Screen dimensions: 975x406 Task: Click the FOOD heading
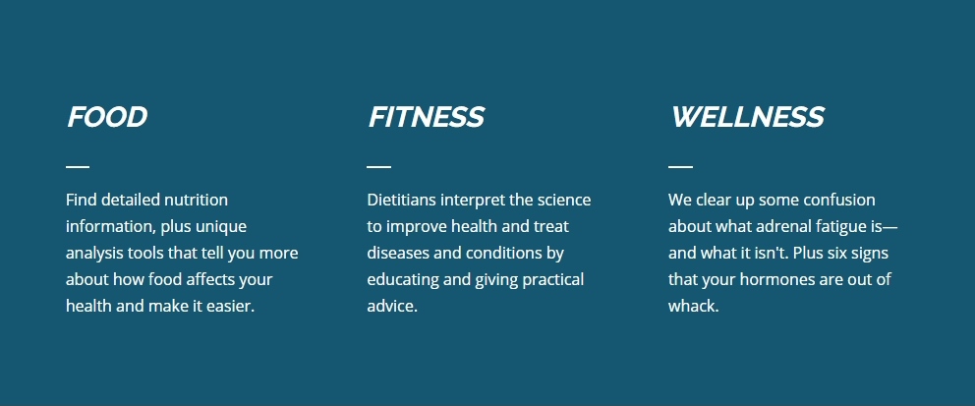click(107, 117)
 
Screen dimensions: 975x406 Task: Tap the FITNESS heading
click(426, 117)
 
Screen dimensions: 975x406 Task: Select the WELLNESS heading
click(747, 117)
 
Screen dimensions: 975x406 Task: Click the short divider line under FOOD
click(78, 167)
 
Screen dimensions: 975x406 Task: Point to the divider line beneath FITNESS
click(378, 167)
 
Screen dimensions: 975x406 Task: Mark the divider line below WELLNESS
click(680, 167)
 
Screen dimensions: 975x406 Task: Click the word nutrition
click(196, 201)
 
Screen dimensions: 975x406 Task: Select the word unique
click(221, 227)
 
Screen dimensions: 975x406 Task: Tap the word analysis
click(94, 254)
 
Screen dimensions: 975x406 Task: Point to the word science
click(564, 201)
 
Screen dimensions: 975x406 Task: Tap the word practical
click(552, 280)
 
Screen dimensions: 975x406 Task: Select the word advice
click(392, 307)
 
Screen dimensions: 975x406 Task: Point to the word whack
click(693, 307)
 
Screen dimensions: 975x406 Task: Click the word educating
click(403, 280)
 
